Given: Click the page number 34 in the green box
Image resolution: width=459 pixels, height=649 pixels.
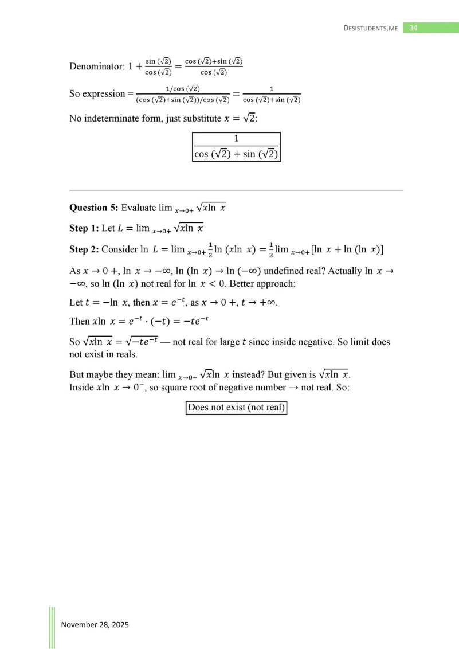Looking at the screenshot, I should tap(413, 28).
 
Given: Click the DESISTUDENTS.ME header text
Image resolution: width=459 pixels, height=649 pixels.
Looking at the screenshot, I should tap(370, 28).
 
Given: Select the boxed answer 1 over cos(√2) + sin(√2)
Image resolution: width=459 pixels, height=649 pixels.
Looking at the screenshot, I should tap(236, 147).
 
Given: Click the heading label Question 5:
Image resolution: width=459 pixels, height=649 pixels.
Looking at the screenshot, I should tap(93, 208).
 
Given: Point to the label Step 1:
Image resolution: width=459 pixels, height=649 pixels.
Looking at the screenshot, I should tap(84, 228).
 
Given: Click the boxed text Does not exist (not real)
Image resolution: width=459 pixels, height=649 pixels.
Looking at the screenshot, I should tap(236, 408).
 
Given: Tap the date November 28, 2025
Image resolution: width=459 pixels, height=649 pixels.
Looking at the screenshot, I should tap(95, 624).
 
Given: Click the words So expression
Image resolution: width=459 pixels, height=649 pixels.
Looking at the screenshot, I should tap(96, 93).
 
